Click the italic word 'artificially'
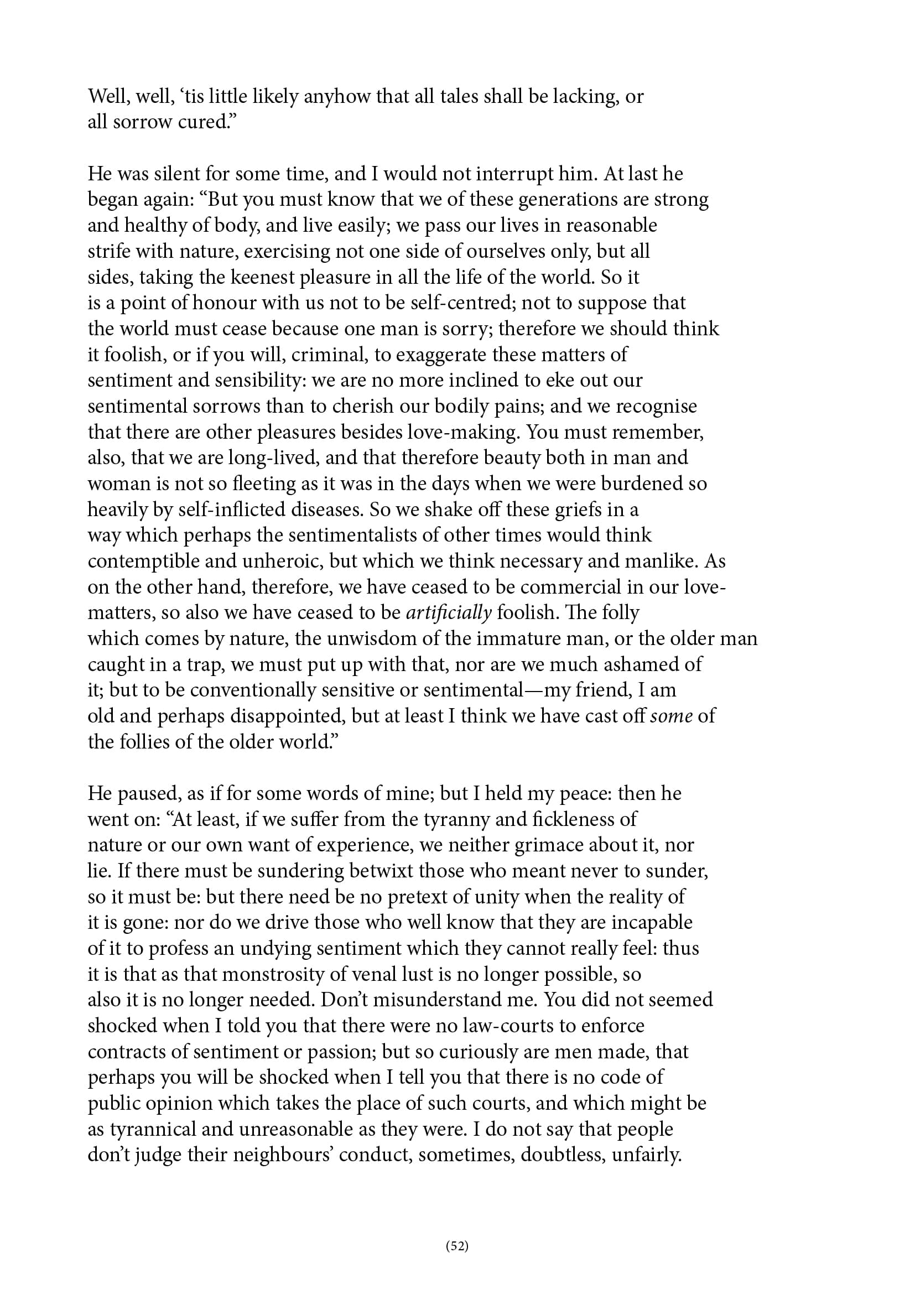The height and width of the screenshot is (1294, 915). tap(449, 612)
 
